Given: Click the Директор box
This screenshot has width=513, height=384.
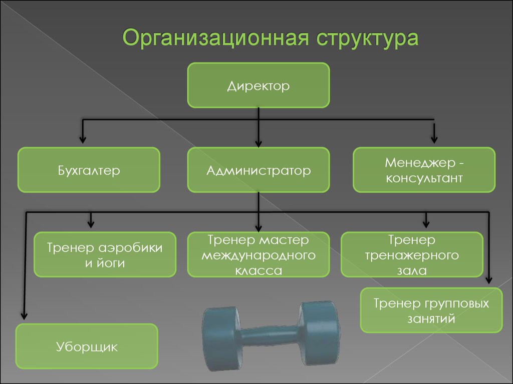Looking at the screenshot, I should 259,85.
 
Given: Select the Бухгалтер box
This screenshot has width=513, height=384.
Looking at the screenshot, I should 89,170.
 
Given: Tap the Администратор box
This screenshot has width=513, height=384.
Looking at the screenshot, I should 259,170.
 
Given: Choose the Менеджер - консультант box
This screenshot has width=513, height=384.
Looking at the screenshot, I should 424,170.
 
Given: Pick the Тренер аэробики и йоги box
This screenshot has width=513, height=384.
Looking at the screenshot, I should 105,254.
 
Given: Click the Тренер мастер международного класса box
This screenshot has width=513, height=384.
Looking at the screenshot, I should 259,254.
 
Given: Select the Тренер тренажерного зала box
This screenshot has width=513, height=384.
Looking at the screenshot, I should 412,254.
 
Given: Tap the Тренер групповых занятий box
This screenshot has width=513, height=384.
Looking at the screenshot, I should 431,310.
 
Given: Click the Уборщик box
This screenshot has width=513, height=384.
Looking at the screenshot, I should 87,346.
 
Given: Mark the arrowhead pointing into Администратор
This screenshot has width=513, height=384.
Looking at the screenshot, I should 259,142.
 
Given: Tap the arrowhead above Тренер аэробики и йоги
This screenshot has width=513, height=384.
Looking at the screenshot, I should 91,221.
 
